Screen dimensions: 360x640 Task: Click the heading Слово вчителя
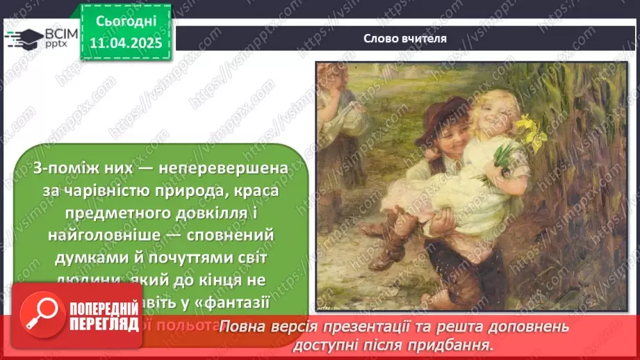tap(404, 38)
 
